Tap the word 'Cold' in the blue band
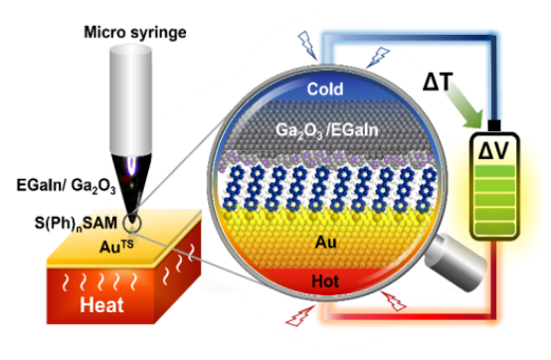[x=326, y=90]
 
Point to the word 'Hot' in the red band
[x=325, y=282]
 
